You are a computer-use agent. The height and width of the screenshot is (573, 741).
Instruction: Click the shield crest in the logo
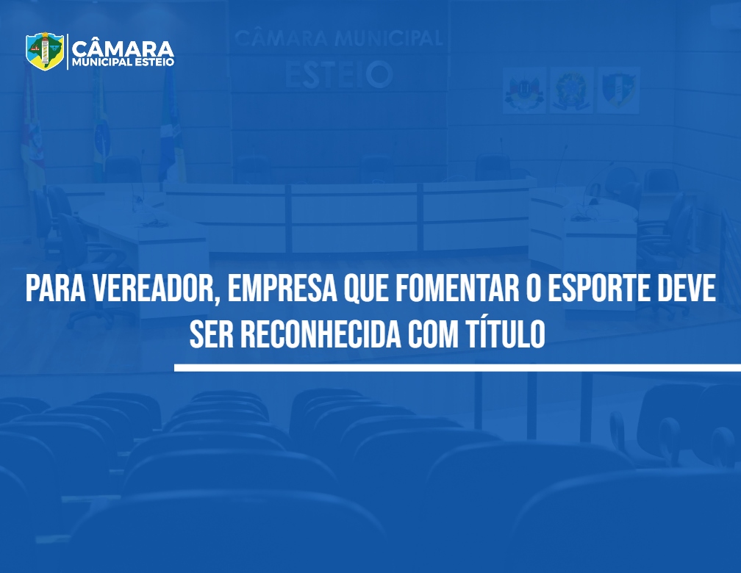coord(45,51)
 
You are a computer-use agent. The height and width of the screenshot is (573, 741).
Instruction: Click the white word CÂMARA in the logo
coord(123,48)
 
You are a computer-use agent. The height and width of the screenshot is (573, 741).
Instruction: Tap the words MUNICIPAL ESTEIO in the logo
coord(123,62)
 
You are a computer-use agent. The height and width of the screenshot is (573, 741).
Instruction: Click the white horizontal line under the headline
coord(457,367)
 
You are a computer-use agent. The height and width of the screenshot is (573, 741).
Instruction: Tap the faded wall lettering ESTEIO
coord(338,75)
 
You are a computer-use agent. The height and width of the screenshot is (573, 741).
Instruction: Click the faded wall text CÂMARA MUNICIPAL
coord(339,37)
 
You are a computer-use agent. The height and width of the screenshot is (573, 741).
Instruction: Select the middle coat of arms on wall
coord(571,90)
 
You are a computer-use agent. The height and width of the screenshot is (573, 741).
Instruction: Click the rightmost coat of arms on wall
coord(619,90)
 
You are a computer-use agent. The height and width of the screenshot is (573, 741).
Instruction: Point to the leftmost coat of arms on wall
coord(525,90)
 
